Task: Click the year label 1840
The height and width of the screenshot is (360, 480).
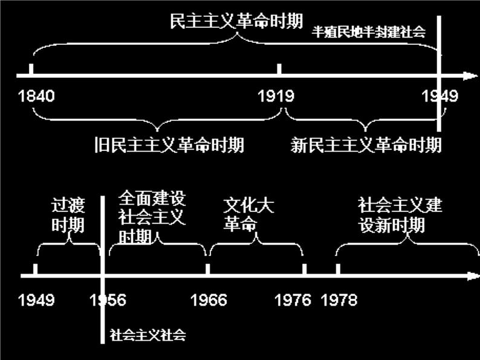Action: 37,96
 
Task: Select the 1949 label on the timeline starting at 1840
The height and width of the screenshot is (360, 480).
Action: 440,96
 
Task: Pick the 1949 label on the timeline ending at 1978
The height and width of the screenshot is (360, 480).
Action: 36,300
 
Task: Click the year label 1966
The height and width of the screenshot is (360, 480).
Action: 209,300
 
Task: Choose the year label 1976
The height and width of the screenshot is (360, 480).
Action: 293,300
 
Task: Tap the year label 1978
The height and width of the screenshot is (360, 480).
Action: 339,300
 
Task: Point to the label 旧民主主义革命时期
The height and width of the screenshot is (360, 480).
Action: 170,146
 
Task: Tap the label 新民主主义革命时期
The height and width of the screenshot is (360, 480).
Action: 366,146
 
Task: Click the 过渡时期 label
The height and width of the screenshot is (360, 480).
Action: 68,216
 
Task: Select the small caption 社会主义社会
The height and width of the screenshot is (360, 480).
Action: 148,335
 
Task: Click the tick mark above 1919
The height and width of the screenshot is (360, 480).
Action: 279,68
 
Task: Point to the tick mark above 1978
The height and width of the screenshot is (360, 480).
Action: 338,269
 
